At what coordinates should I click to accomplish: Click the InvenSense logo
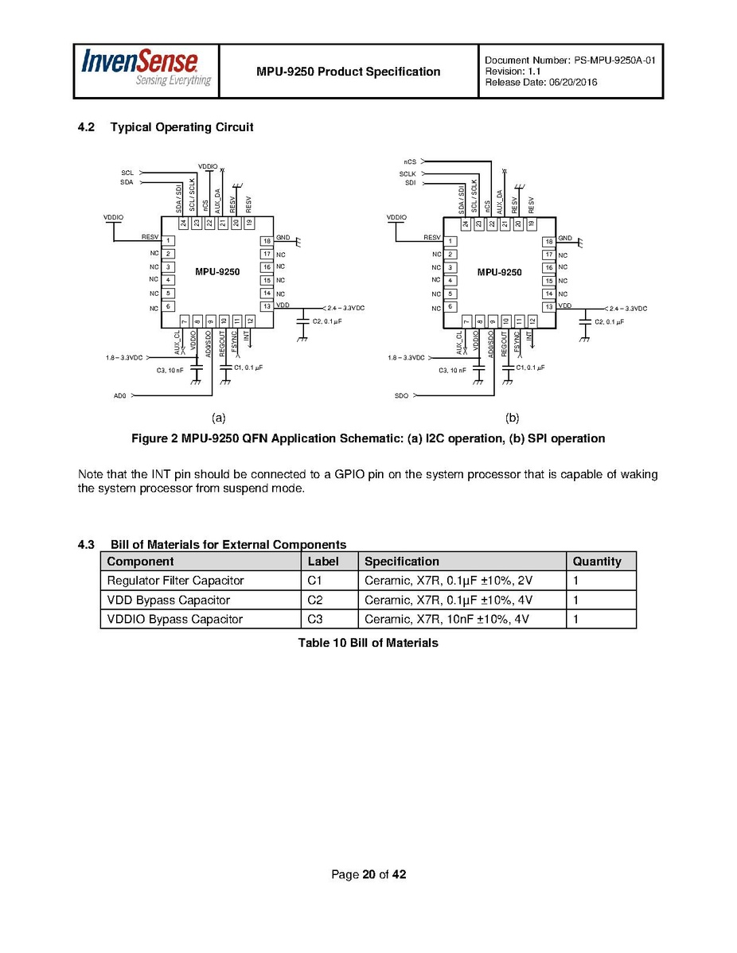pos(146,70)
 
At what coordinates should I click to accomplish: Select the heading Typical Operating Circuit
pos(181,127)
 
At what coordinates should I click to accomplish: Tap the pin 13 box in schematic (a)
pos(267,306)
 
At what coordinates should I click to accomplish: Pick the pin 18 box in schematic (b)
pos(548,241)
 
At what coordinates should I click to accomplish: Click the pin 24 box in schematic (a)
pos(183,224)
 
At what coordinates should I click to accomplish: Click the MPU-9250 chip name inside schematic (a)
pos(217,272)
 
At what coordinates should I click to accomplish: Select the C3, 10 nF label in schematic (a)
pos(170,370)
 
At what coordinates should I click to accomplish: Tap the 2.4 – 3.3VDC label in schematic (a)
pos(345,307)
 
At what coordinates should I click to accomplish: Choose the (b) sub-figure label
pos(512,417)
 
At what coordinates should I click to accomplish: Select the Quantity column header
pos(596,561)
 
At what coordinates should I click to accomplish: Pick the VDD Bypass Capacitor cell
pos(168,600)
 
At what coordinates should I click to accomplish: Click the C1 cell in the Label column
pos(314,581)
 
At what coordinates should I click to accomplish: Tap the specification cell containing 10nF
pos(448,619)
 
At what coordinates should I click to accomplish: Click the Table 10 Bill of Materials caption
pos(368,642)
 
